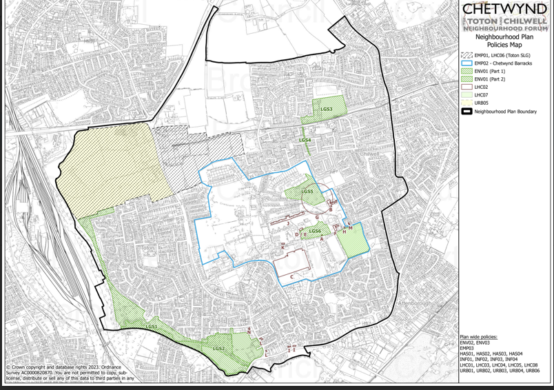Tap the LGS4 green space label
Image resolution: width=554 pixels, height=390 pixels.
pyautogui.click(x=305, y=141)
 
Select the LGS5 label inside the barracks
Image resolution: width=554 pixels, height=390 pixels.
pyautogui.click(x=307, y=192)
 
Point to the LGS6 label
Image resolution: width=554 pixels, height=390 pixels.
pyautogui.click(x=315, y=232)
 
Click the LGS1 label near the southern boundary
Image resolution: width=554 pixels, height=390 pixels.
pyautogui.click(x=152, y=327)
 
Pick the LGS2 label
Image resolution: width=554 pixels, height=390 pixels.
pyautogui.click(x=218, y=349)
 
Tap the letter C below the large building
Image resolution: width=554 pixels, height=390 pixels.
pyautogui.click(x=292, y=277)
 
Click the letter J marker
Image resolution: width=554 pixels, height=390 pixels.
pyautogui.click(x=287, y=223)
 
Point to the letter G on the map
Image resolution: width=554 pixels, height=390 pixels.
pyautogui.click(x=317, y=218)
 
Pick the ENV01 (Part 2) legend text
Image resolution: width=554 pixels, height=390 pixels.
pyautogui.click(x=490, y=79)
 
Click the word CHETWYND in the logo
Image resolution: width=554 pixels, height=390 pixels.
pyautogui.click(x=505, y=10)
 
